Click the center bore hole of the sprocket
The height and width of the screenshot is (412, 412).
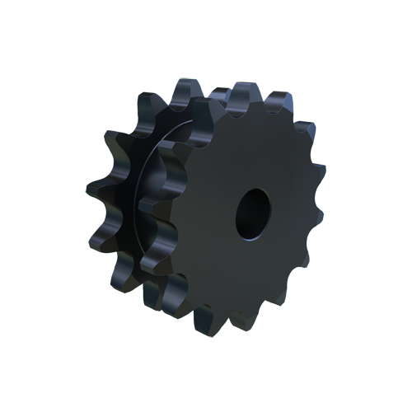tap(251, 211)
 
